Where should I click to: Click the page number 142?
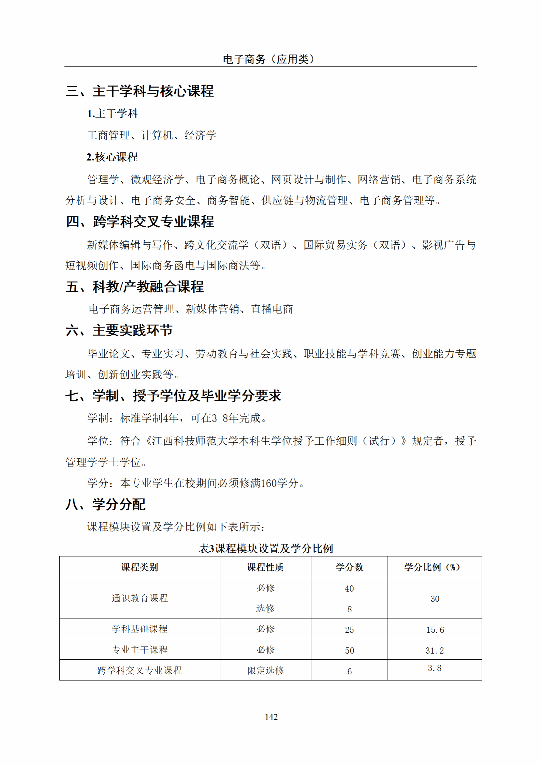[x=271, y=717]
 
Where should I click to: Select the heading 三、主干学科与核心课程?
[x=140, y=91]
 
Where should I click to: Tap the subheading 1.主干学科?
[x=112, y=114]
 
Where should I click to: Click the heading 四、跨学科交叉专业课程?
[x=140, y=222]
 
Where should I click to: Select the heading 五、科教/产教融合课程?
[x=135, y=287]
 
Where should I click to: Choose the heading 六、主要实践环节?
[x=119, y=331]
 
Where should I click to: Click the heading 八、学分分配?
[x=105, y=505]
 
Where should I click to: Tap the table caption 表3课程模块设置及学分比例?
[x=266, y=549]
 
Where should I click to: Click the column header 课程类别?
[x=140, y=567]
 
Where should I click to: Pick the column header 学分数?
[x=349, y=567]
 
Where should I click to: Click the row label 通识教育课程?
[x=140, y=598]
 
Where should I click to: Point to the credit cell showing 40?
[x=349, y=588]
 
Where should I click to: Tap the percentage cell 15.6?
[x=435, y=630]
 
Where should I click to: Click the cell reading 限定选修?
[x=265, y=671]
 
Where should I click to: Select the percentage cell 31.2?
[x=435, y=651]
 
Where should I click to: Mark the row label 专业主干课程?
[x=140, y=650]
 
